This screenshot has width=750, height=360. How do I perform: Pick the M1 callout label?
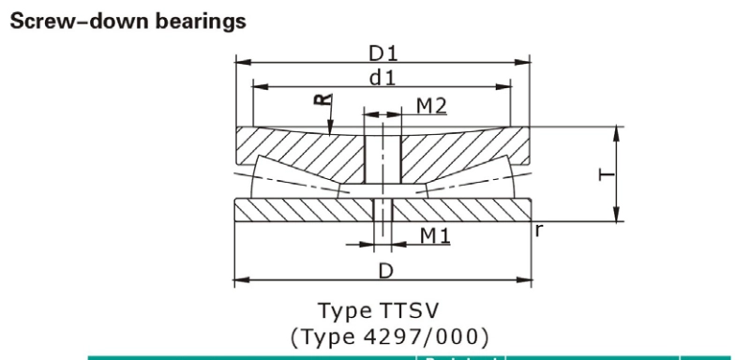click(x=432, y=234)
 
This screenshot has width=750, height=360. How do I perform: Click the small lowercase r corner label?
click(x=538, y=227)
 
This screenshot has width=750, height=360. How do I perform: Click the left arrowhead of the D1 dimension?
click(x=240, y=63)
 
